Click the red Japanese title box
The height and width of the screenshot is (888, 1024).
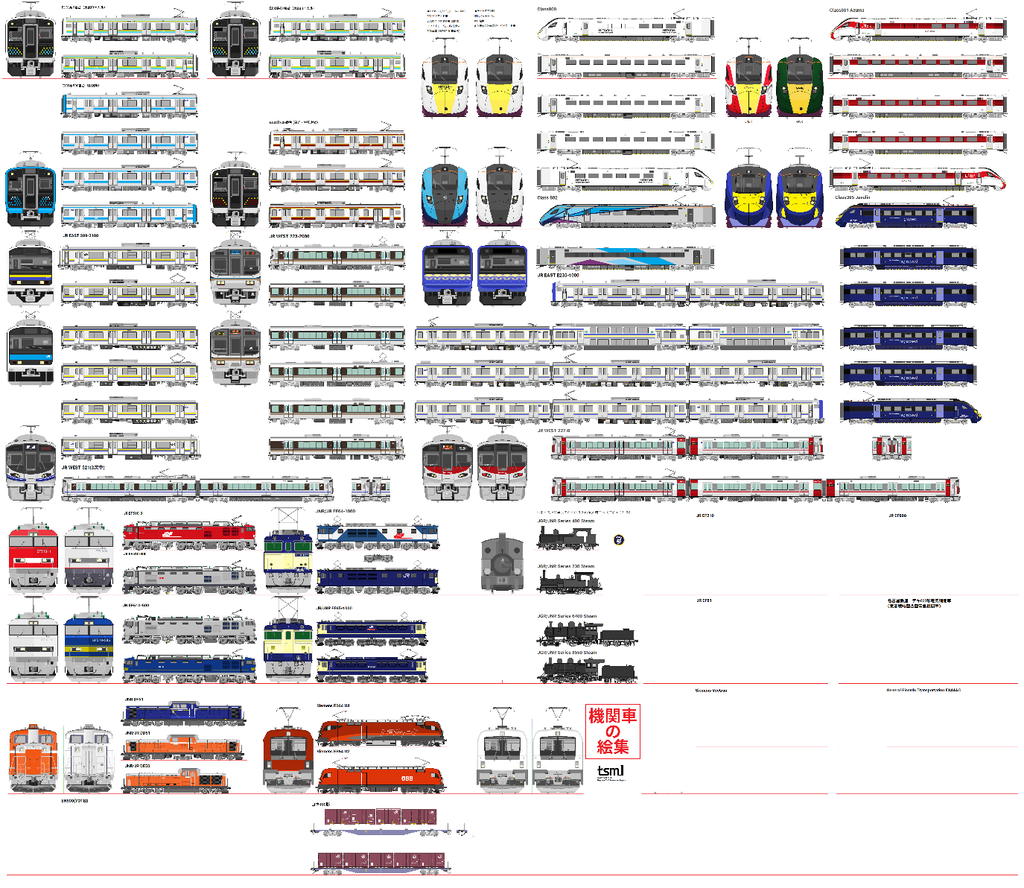(612, 732)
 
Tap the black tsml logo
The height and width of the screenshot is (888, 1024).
(610, 771)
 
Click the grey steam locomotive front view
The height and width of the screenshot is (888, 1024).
(502, 563)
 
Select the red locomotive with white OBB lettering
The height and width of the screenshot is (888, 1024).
(381, 778)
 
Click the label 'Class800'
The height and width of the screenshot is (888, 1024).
(547, 10)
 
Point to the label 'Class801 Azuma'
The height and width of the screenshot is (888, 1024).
(847, 10)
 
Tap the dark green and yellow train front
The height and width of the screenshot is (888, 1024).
(799, 86)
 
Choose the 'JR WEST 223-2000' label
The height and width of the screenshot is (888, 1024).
(289, 236)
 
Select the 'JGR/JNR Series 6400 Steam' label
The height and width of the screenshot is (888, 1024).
(567, 616)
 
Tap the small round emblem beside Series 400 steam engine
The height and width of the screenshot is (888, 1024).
(618, 539)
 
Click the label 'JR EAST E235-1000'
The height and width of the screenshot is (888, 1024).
(558, 275)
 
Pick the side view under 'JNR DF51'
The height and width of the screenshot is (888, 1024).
(183, 714)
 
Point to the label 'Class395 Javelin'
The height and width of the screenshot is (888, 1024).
(852, 197)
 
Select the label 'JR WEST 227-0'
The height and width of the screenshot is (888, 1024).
(553, 431)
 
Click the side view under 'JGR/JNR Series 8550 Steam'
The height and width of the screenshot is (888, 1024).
(587, 670)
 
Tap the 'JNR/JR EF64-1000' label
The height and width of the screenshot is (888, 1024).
(335, 512)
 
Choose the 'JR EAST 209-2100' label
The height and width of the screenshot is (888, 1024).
(80, 235)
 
